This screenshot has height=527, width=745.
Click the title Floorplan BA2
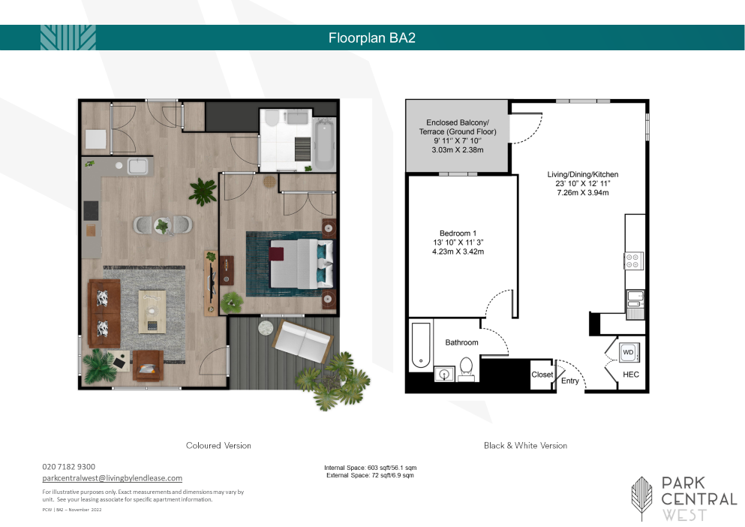pyautogui.click(x=372, y=38)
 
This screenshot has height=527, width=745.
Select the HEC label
pyautogui.click(x=630, y=375)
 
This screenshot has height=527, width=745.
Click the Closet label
pyautogui.click(x=542, y=375)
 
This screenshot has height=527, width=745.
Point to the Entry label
pyautogui.click(x=569, y=381)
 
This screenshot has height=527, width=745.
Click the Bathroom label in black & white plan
pyautogui.click(x=461, y=342)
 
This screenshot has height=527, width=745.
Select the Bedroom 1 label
pyautogui.click(x=458, y=233)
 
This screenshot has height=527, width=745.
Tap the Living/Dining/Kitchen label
pyautogui.click(x=582, y=174)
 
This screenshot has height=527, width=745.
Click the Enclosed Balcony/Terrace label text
pyautogui.click(x=458, y=127)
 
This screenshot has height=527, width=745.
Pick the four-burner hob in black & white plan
pyautogui.click(x=633, y=260)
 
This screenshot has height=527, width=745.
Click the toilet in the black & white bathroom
pyautogui.click(x=466, y=369)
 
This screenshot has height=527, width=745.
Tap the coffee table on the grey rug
pyautogui.click(x=152, y=312)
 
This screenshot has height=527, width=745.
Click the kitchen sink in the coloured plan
pyautogui.click(x=137, y=166)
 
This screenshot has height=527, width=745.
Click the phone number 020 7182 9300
pyautogui.click(x=68, y=467)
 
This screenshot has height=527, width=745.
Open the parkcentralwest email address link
pyautogui.click(x=112, y=478)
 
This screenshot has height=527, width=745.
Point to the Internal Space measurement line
pyautogui.click(x=370, y=468)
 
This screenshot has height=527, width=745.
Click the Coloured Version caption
pyautogui.click(x=218, y=446)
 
